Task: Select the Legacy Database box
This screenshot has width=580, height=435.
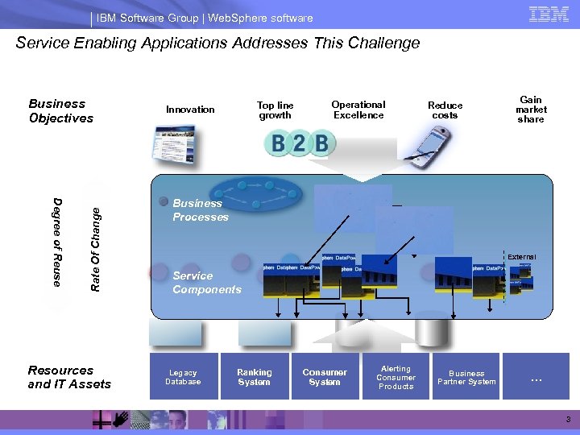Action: tap(184, 376)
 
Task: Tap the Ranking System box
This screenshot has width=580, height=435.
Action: tap(255, 376)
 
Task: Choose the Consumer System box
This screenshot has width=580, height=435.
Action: tap(325, 376)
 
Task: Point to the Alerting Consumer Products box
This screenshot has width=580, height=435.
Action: tap(396, 376)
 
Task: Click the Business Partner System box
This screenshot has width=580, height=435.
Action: tap(466, 376)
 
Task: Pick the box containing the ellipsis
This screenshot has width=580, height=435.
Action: tap(536, 376)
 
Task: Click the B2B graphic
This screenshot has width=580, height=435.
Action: tap(300, 144)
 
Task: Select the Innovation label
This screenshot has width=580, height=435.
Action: tap(190, 110)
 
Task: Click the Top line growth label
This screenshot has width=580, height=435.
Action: tap(275, 110)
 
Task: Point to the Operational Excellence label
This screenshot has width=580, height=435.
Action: tap(358, 110)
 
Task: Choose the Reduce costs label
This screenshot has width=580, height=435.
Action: tap(445, 110)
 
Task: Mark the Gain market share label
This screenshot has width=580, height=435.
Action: tap(531, 110)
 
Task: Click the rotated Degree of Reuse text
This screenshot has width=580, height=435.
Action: tap(57, 241)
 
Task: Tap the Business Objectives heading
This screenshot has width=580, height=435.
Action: tap(60, 111)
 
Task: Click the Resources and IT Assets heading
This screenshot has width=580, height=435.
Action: tap(69, 377)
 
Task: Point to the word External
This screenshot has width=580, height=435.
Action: tap(521, 257)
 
